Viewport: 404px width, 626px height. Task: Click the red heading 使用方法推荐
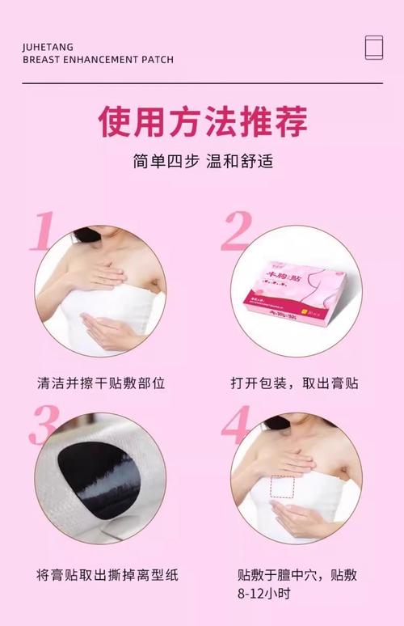tap(202, 122)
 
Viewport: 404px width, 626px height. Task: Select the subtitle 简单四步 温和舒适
tap(202, 161)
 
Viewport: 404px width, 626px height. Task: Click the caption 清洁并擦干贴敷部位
tap(101, 383)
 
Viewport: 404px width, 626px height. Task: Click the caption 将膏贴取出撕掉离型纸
tap(107, 575)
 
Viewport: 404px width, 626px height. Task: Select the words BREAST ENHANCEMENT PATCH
tap(98, 60)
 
